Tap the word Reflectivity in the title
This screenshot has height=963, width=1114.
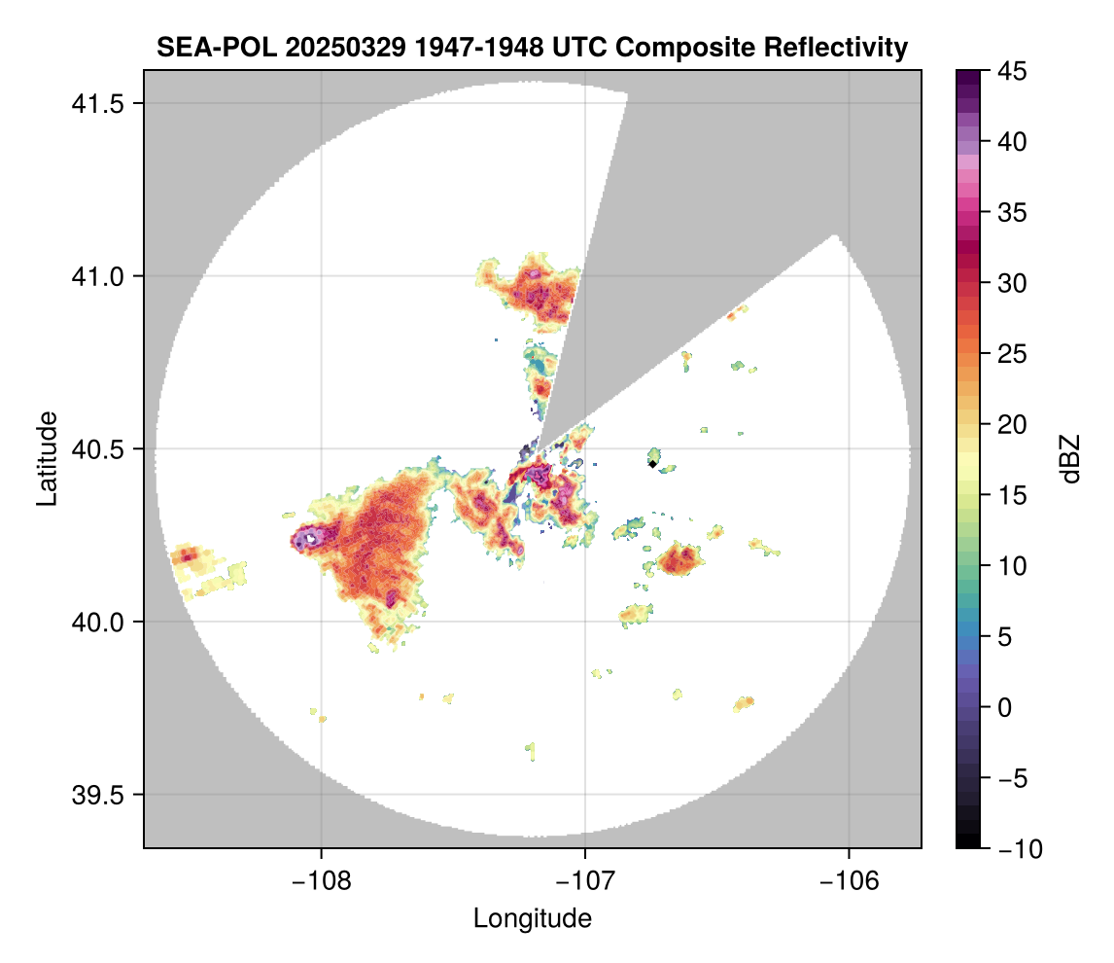(836, 48)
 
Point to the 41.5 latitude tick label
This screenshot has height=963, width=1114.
(97, 104)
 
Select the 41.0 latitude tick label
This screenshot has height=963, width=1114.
(97, 276)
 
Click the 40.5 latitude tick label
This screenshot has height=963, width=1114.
(97, 449)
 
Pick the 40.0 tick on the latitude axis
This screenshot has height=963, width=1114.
(97, 622)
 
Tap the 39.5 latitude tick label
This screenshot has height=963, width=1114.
(97, 795)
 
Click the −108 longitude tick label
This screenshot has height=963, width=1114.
(321, 881)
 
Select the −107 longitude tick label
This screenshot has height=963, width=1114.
(585, 881)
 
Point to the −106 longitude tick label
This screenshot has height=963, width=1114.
(849, 881)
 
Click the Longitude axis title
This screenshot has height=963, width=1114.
(532, 918)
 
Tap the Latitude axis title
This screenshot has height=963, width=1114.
(47, 459)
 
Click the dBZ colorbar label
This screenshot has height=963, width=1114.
(1070, 459)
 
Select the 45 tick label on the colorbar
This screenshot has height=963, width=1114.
(1012, 71)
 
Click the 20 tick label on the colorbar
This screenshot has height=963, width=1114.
(1012, 424)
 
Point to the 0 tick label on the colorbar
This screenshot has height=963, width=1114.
(1004, 707)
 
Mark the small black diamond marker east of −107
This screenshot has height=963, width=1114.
(652, 464)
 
